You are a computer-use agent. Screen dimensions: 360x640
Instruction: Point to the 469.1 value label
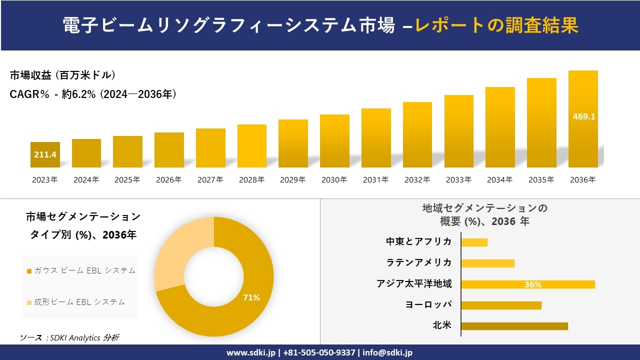click(583, 116)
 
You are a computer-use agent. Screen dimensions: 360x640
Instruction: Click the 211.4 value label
click(45, 154)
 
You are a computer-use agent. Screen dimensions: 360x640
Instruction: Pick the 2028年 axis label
click(252, 180)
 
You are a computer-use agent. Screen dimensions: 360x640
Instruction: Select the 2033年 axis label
click(458, 180)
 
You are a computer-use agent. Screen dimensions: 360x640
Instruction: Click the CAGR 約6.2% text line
click(93, 94)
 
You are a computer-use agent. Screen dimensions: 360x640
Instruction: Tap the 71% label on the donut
click(251, 297)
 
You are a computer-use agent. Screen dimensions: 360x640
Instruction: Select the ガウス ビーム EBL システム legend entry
click(81, 270)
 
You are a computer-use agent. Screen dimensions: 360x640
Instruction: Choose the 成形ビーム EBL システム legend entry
click(76, 302)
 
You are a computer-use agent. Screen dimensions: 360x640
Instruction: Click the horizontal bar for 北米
click(514, 326)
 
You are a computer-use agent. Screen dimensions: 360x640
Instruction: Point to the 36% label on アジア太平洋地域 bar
click(532, 284)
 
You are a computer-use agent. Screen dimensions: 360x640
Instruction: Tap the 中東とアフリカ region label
click(418, 242)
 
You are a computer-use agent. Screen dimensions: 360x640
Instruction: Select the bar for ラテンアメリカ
click(487, 263)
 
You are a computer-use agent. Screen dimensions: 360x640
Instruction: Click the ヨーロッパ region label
click(428, 305)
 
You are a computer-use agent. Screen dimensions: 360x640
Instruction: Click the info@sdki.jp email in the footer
click(387, 352)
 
